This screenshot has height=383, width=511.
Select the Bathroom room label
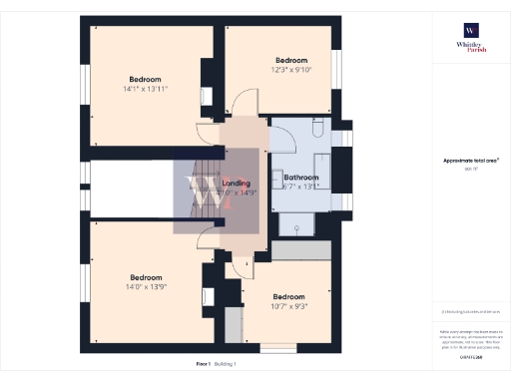(x=300, y=177)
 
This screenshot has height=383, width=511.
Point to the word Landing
(x=237, y=184)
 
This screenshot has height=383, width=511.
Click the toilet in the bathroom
(x=314, y=131)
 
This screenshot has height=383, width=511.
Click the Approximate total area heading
(x=470, y=161)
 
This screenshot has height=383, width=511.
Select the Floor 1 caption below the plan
(x=204, y=365)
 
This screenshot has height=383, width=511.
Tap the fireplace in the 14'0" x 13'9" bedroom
(x=208, y=296)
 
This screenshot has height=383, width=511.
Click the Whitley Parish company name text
(x=469, y=46)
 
